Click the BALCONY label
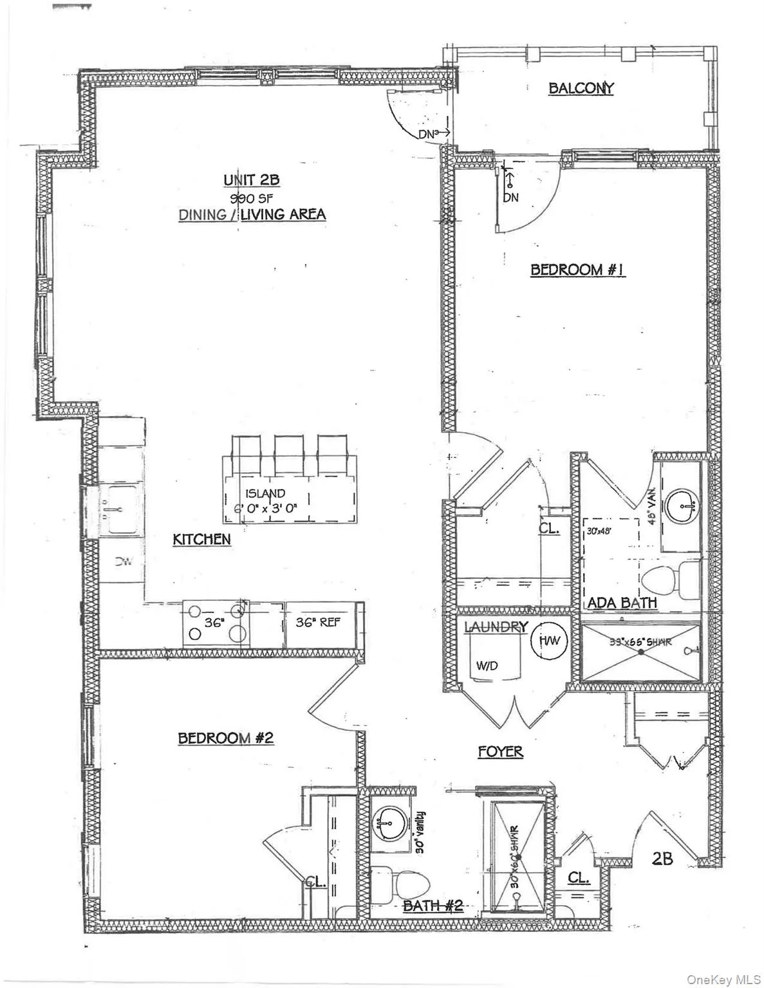581,88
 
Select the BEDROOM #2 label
226,737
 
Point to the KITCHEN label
201,539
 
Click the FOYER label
500,751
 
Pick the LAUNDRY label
496,627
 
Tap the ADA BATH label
622,603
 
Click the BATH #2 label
433,906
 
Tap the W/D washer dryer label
487,666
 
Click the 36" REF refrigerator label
318,622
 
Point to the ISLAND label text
265,493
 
